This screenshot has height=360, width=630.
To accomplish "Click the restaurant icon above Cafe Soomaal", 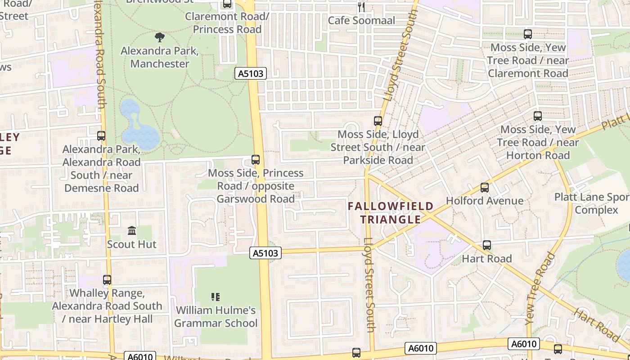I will [x=361, y=6].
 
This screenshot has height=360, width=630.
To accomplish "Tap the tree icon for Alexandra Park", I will [x=159, y=37].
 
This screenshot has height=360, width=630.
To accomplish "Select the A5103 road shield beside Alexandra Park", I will [x=251, y=73].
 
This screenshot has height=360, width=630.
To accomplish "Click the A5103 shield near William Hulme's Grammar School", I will [x=265, y=253].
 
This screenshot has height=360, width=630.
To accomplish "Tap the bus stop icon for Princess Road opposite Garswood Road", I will [x=256, y=159].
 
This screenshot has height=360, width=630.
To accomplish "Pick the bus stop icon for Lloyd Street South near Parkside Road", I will [x=378, y=121].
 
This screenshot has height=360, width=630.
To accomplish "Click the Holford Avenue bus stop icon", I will [x=485, y=187].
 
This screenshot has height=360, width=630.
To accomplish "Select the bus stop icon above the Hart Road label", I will [x=487, y=245].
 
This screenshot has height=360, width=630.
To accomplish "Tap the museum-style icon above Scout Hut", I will [x=132, y=230].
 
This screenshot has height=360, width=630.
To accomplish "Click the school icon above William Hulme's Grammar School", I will [x=216, y=297].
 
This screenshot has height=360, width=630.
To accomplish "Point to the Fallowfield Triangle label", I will [x=391, y=213].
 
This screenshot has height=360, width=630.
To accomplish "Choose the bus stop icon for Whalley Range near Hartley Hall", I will [x=107, y=279].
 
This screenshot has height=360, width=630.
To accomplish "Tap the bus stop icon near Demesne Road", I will [x=101, y=135].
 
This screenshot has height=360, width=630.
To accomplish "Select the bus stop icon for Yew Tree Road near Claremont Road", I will [x=528, y=34].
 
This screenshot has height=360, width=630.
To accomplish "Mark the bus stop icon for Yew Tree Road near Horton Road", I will [x=538, y=116].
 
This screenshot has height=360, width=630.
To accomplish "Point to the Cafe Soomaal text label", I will [x=361, y=20].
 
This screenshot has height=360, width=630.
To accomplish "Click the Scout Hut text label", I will [x=131, y=244].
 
